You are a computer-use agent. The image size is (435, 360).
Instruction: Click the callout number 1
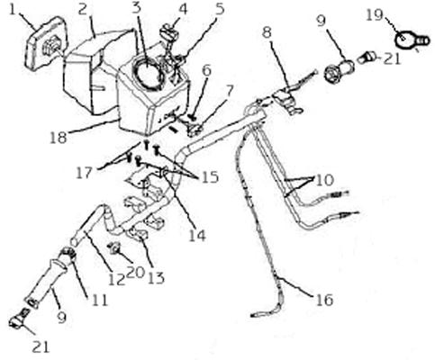pyautogui.click(x=13, y=10)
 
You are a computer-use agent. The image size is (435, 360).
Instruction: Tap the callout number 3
pyautogui.click(x=136, y=8)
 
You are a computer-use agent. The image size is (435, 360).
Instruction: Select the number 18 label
pyautogui.click(x=59, y=138)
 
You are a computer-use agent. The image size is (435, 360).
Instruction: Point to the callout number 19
pyautogui.click(x=375, y=15)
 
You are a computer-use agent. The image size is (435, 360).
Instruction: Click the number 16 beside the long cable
pyautogui.click(x=324, y=300)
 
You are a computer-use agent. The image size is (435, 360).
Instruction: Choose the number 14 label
pyautogui.click(x=197, y=236)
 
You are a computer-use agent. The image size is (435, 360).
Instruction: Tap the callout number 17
pyautogui.click(x=84, y=174)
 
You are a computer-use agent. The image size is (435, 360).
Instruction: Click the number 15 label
pyautogui.click(x=210, y=177)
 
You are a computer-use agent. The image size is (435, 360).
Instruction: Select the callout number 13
pyautogui.click(x=156, y=278)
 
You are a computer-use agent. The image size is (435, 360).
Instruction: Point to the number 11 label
pyautogui.click(x=99, y=300)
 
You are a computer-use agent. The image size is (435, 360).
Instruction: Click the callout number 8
pyautogui.click(x=267, y=32)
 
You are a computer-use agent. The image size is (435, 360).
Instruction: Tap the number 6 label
pyautogui.click(x=206, y=71)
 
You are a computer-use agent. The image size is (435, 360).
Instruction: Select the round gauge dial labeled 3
pyautogui.click(x=148, y=73)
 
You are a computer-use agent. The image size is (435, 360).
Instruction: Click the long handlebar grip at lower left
pyautogui.click(x=47, y=281)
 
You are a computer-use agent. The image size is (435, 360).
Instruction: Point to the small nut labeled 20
pyautogui.click(x=114, y=248)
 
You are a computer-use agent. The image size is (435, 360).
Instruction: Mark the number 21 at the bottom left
pyautogui.click(x=41, y=347)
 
